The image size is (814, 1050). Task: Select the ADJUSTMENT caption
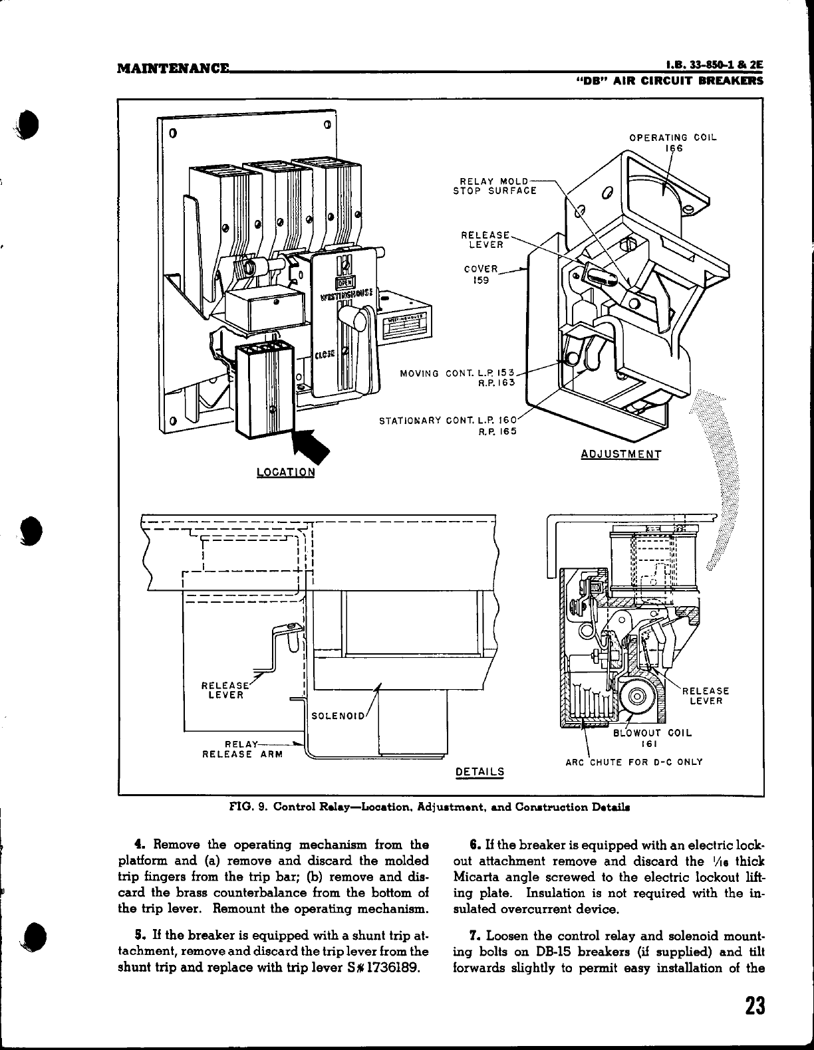(x=620, y=455)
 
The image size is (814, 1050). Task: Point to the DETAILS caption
(x=479, y=772)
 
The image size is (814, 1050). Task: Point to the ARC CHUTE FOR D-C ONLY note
(x=634, y=762)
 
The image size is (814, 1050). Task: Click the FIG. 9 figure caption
(x=430, y=807)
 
